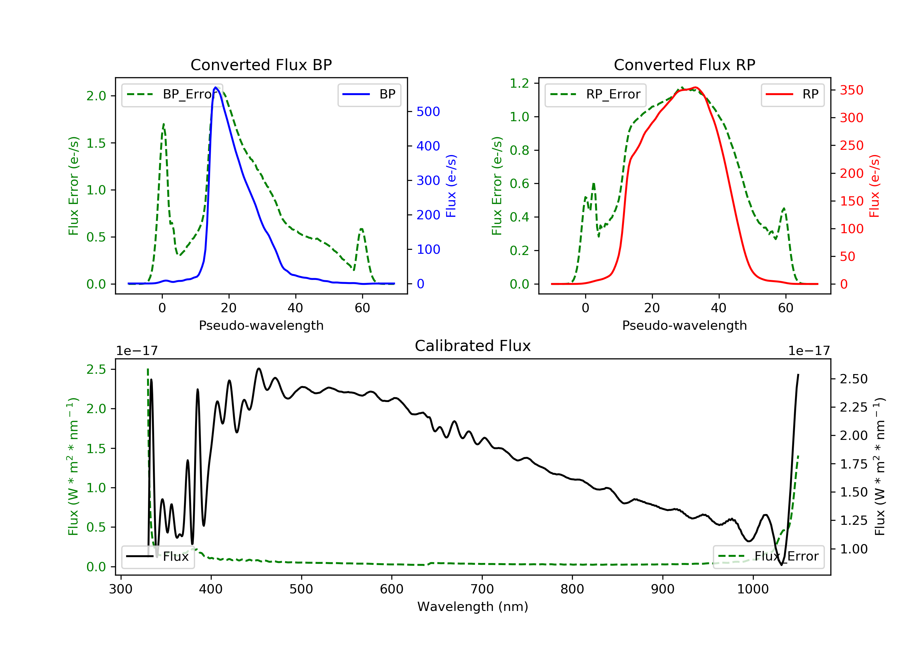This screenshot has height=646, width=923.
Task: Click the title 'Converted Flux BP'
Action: click(x=261, y=65)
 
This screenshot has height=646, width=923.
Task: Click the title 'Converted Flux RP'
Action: click(x=684, y=65)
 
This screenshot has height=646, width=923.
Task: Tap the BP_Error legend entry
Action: click(x=172, y=94)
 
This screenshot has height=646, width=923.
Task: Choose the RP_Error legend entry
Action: click(x=595, y=94)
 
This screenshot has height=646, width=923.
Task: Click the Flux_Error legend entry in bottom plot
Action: click(x=768, y=556)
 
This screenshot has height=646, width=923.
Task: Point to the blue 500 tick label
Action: click(x=428, y=112)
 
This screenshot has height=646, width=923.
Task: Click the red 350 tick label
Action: click(x=851, y=90)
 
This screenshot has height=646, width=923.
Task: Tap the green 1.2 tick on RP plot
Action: click(x=519, y=84)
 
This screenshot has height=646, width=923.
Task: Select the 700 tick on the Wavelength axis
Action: click(x=482, y=589)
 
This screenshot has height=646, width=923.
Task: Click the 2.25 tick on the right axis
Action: click(x=854, y=408)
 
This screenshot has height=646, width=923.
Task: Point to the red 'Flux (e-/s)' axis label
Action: click(x=875, y=186)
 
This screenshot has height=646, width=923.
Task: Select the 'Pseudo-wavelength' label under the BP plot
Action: click(x=261, y=325)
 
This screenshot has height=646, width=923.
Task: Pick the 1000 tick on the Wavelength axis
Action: click(x=753, y=589)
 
